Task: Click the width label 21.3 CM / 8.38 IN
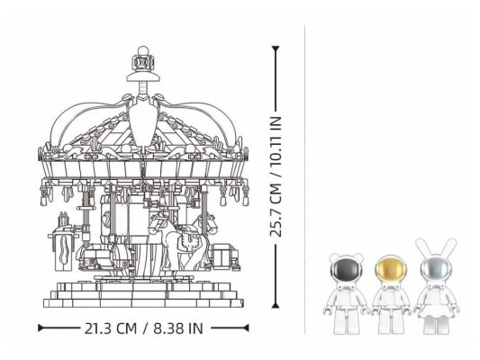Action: tap(143, 328)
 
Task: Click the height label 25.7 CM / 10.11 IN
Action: tap(276, 176)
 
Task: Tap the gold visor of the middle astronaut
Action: tap(391, 269)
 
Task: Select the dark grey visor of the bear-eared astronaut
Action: tap(346, 269)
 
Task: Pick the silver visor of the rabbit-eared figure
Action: tap(436, 269)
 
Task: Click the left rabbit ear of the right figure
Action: tap(421, 247)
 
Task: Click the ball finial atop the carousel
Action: tap(142, 50)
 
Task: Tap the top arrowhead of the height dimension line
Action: tap(276, 49)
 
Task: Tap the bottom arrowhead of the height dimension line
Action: tap(276, 304)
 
